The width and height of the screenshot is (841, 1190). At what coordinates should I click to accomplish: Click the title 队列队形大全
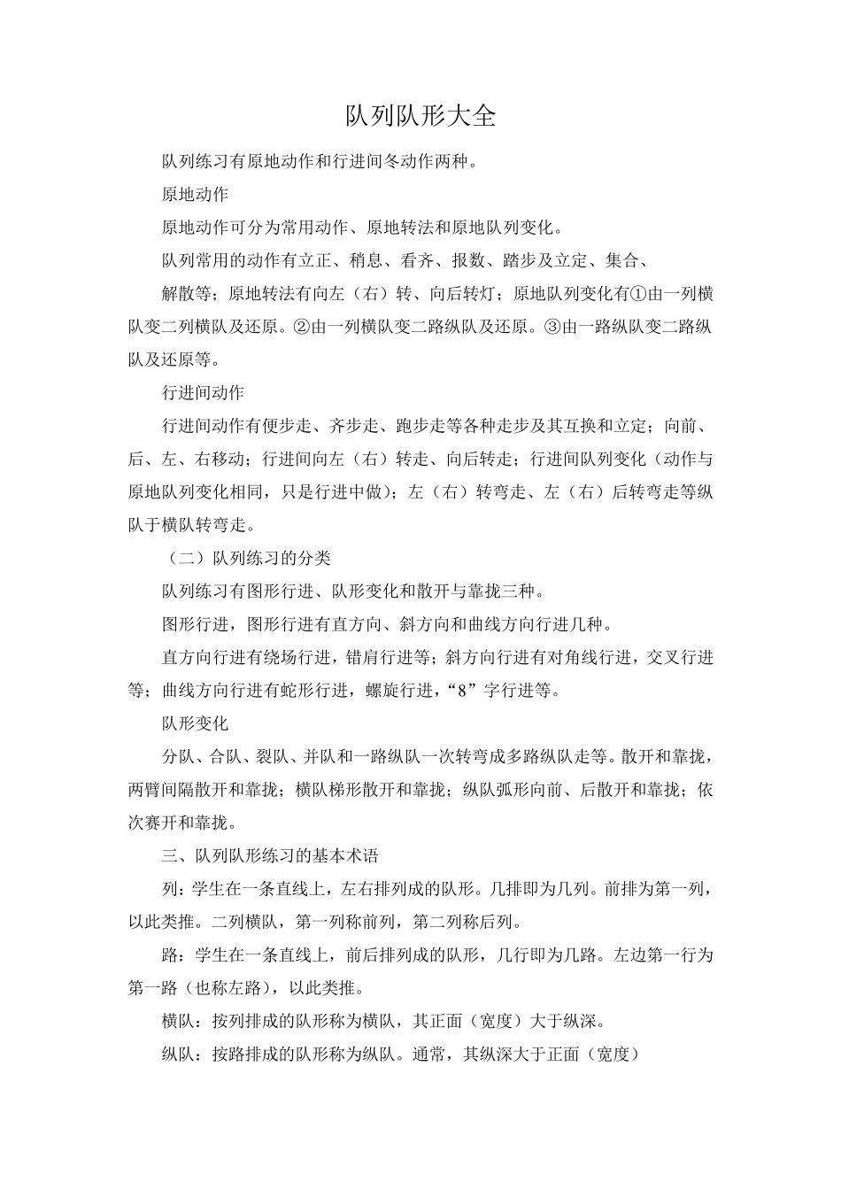[420, 116]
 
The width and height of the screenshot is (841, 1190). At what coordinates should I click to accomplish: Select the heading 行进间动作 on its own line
[203, 392]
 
